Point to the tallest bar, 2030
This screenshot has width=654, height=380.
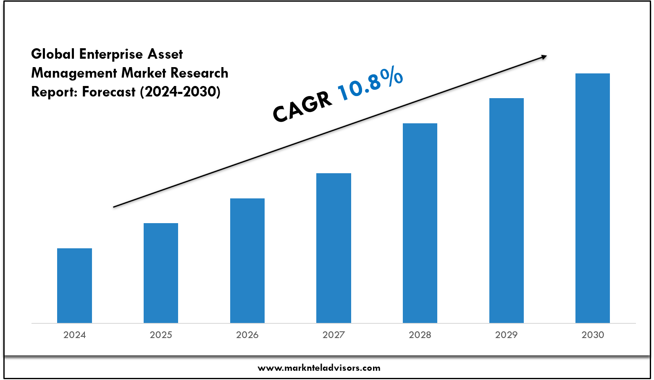[593, 198]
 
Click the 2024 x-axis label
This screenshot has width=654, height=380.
[74, 335]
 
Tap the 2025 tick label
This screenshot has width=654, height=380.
[161, 335]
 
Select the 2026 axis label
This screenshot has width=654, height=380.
[247, 335]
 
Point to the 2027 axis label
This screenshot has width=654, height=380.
[334, 335]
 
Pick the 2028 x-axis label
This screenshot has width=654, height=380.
[420, 335]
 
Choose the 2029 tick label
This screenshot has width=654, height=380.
[507, 335]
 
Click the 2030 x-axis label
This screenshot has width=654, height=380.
[593, 335]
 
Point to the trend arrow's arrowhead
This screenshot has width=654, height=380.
[544, 57]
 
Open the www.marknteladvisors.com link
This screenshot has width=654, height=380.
[319, 368]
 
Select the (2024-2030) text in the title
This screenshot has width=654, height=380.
[180, 91]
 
